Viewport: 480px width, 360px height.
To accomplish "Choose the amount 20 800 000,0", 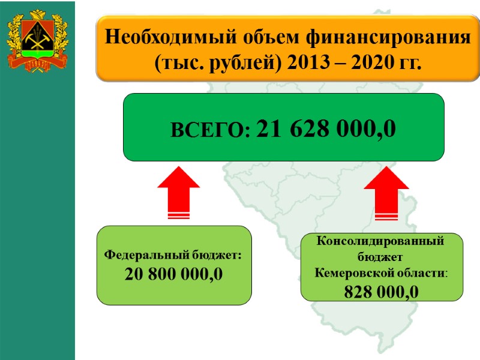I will pyautogui.click(x=174, y=274).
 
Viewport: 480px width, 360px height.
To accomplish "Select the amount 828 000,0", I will pyautogui.click(x=382, y=291).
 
